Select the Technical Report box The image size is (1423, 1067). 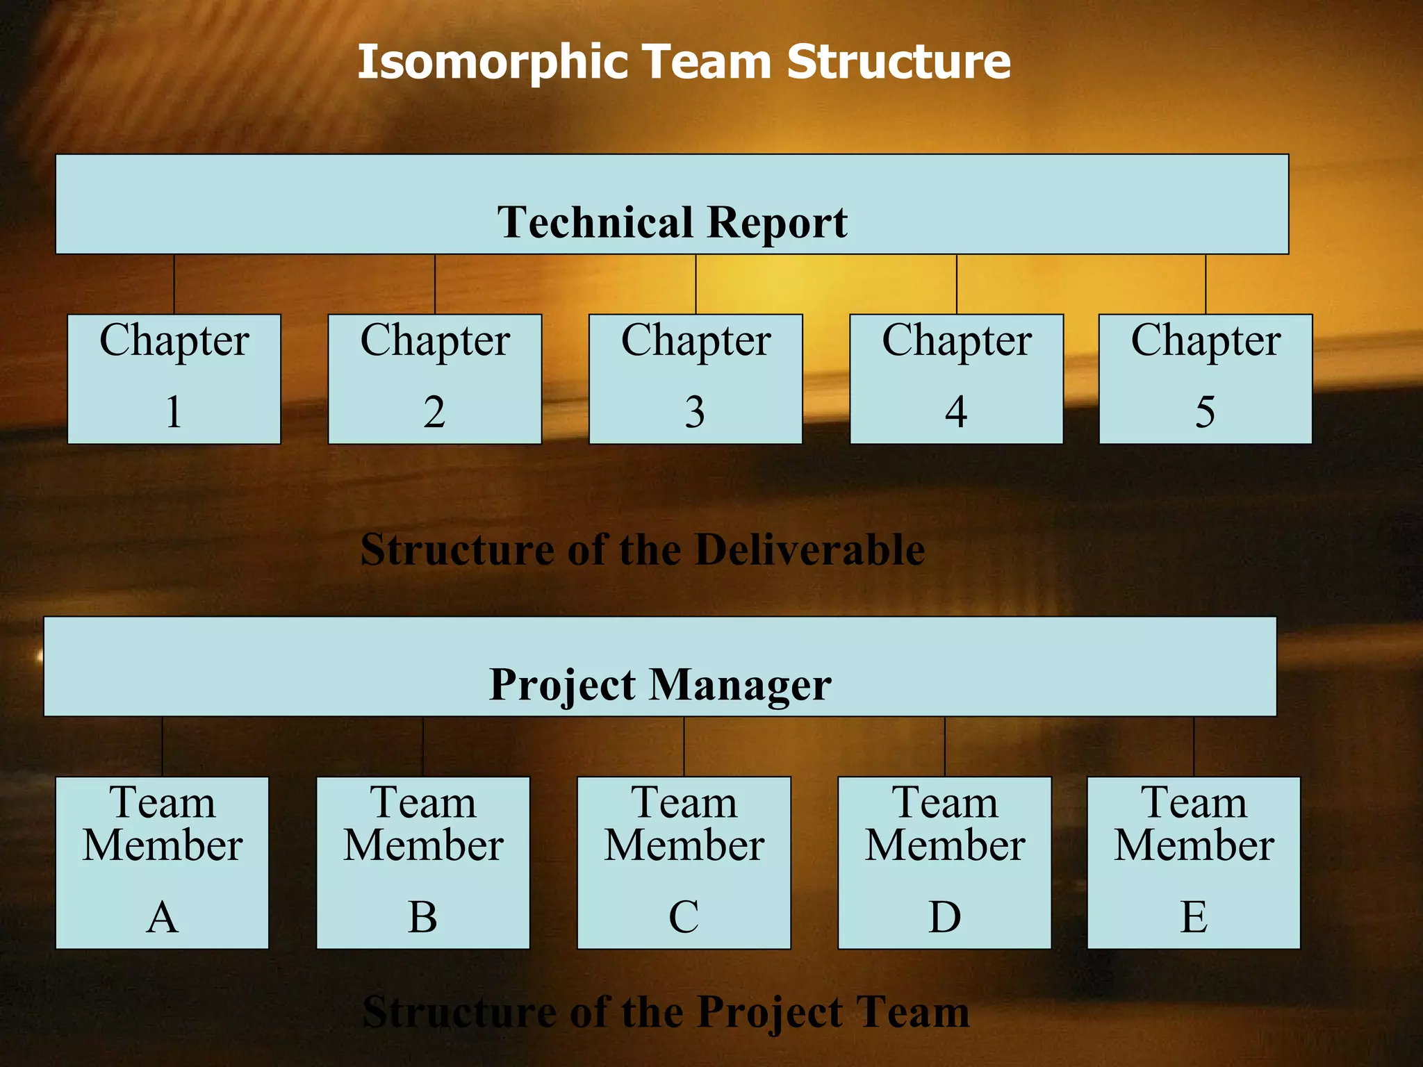(672, 204)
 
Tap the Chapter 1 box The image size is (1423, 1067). (174, 379)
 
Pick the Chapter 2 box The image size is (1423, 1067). (435, 379)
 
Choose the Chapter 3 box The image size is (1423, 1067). (696, 379)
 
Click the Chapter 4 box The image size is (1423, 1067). (957, 379)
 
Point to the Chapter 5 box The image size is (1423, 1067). (1206, 379)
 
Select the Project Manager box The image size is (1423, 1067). (660, 667)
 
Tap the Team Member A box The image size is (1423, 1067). (162, 863)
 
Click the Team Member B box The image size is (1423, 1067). (423, 863)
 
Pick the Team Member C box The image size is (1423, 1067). (684, 863)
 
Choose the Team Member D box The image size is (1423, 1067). (945, 863)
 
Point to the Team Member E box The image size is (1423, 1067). (1194, 863)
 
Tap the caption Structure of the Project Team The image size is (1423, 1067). (666, 1012)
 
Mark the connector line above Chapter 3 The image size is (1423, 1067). (696, 284)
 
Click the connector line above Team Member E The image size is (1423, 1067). (1194, 747)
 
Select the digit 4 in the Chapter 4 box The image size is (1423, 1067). (956, 412)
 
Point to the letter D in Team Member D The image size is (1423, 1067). (945, 917)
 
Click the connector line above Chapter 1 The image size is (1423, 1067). (174, 284)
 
